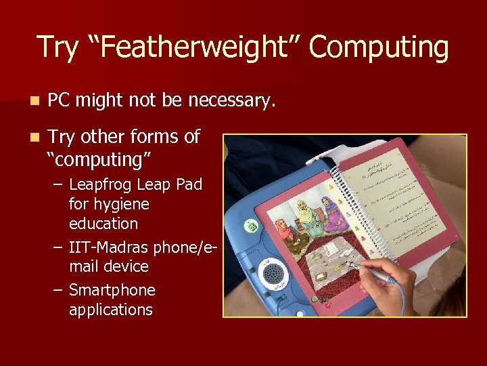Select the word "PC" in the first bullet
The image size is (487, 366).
[x=60, y=101]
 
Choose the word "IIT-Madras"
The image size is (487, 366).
[x=109, y=247]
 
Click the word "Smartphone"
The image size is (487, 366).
[x=112, y=290]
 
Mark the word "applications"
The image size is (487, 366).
[x=111, y=310]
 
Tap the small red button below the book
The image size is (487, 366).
[x=329, y=305]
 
